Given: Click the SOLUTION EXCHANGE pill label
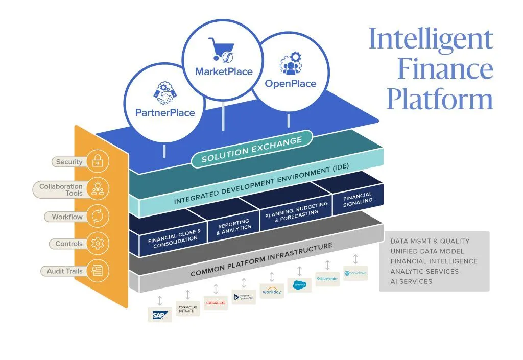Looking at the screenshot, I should point(252,149).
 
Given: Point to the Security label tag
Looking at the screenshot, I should point(69,162).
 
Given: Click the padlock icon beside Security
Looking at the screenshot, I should point(97,161).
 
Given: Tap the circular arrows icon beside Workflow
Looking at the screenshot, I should point(97,217).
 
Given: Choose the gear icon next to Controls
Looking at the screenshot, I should point(97,244).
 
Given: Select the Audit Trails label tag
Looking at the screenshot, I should point(64,271).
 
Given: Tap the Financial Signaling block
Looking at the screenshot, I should point(358,200).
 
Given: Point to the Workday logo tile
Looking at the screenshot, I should point(271,291).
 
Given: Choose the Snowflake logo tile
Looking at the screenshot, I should point(355,273).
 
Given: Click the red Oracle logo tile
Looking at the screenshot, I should point(216,303).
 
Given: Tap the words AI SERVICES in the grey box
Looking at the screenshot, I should point(411,281).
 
